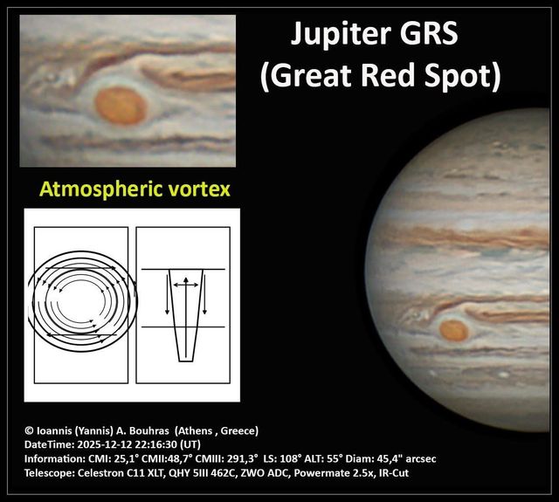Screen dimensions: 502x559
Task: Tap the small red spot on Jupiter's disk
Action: point(453,330)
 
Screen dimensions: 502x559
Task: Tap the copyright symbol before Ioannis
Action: point(30,430)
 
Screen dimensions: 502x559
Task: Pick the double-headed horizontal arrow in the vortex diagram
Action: point(184,284)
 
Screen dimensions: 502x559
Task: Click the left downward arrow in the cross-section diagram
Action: point(168,297)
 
